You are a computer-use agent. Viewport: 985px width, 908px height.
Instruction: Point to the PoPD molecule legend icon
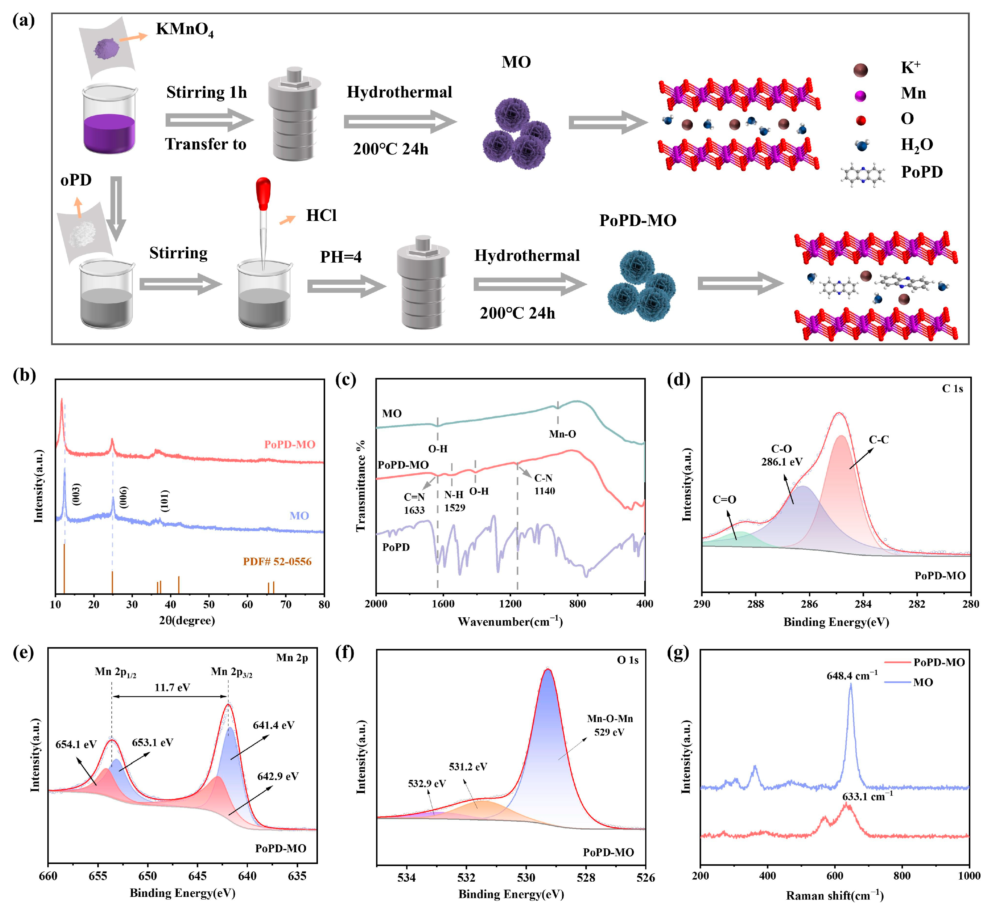[863, 173]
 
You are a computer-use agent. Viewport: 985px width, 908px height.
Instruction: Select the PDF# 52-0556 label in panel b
[277, 562]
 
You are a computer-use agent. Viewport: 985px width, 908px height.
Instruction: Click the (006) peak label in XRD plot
[123, 497]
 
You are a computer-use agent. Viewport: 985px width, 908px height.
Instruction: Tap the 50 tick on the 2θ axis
[209, 604]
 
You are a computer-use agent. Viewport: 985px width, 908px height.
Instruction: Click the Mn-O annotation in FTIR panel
[563, 434]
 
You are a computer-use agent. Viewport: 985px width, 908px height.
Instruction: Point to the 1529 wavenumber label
[454, 508]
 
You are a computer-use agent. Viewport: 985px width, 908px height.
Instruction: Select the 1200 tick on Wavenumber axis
[510, 604]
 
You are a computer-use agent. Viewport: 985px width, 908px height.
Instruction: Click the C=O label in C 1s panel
[724, 500]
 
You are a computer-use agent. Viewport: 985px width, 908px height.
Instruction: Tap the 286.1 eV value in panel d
[782, 462]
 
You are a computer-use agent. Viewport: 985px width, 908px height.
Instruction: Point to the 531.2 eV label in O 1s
[468, 766]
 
